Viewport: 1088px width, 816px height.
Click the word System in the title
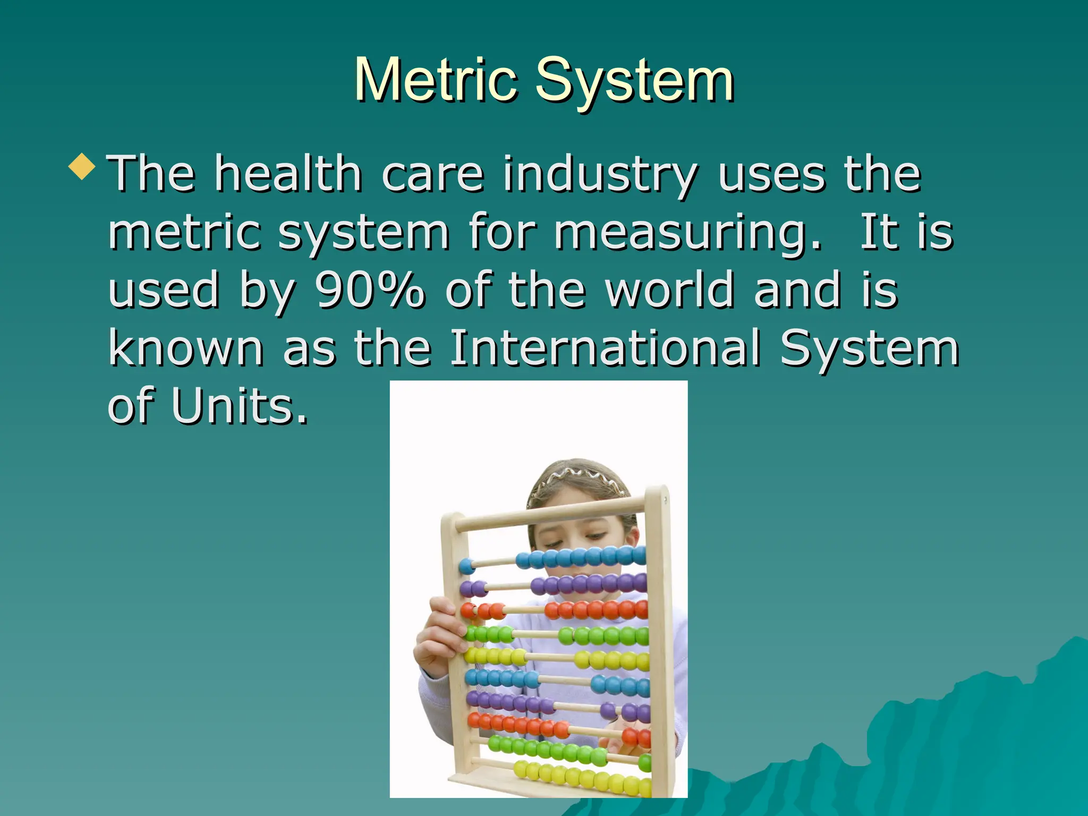pyautogui.click(x=635, y=81)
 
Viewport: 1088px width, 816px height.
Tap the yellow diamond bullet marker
pyautogui.click(x=82, y=166)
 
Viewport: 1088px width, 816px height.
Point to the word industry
pyautogui.click(x=600, y=174)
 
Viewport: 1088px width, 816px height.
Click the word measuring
pyautogui.click(x=687, y=233)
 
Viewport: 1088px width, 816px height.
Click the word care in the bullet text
pyautogui.click(x=432, y=174)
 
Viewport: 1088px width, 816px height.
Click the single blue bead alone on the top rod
pyautogui.click(x=467, y=566)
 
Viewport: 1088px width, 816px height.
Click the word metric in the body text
pyautogui.click(x=184, y=233)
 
